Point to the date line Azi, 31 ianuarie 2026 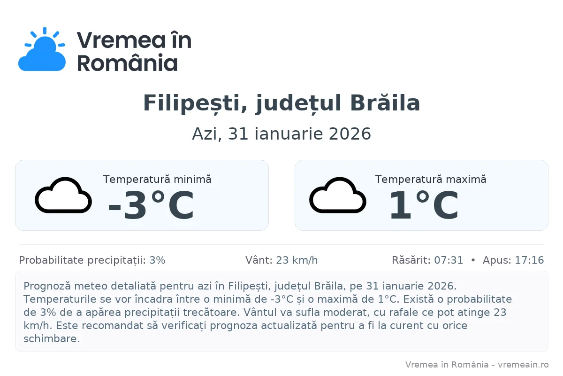point(281,134)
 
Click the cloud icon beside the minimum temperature point(63,196)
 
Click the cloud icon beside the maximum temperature point(338,196)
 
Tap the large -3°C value point(151,206)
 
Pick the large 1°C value point(424,206)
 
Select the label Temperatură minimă point(157,179)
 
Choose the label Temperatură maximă point(431,179)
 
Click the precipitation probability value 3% point(157,260)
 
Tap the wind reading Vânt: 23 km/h point(281,260)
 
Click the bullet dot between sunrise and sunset point(473,260)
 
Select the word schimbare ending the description point(52,338)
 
